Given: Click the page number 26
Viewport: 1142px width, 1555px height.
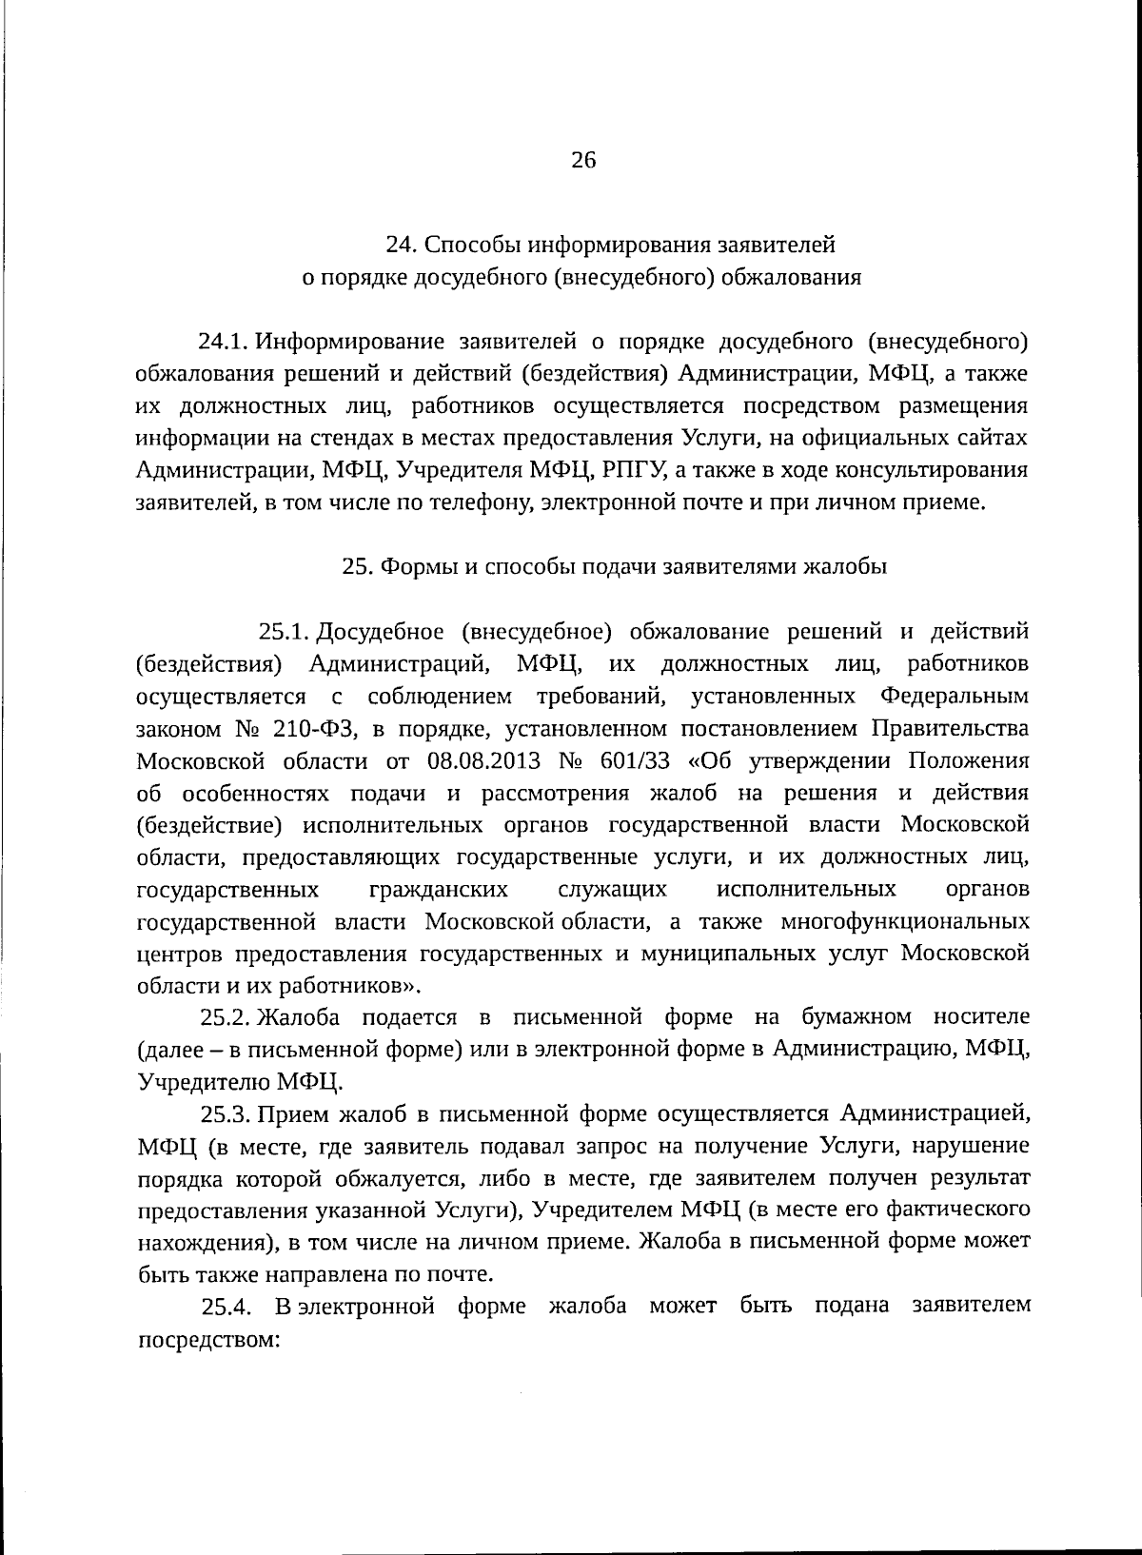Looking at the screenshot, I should click(582, 161).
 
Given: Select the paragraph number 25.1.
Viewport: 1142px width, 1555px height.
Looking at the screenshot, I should click(283, 631).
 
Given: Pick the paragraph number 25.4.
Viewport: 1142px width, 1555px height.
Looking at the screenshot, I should click(226, 1305).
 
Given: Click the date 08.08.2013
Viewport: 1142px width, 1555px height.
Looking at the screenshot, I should click(484, 761).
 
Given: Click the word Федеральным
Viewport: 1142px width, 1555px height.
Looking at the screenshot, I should click(955, 696).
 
